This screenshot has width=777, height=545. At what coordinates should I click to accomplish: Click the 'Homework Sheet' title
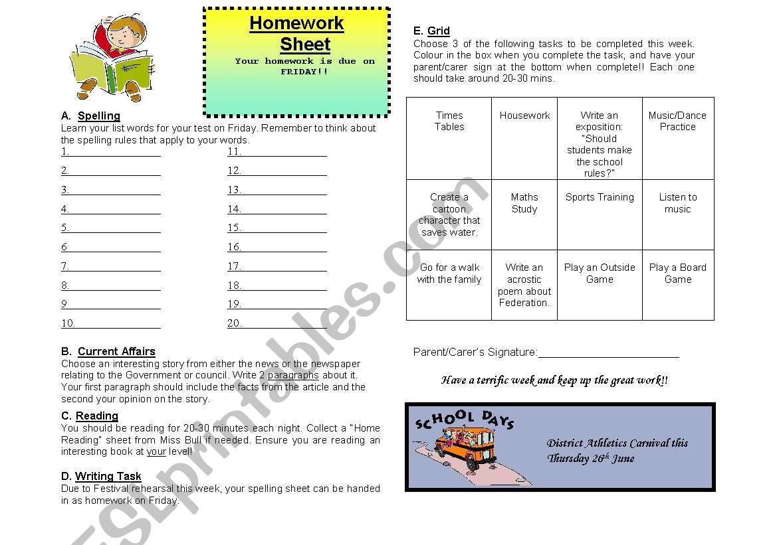(x=296, y=33)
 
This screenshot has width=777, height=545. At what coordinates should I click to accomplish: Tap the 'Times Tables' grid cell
(x=449, y=138)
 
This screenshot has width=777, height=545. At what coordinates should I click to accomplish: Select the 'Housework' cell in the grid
(x=524, y=138)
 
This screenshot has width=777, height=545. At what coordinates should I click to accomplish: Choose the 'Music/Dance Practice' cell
(x=677, y=138)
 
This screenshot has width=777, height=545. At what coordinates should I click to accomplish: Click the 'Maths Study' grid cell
(x=524, y=214)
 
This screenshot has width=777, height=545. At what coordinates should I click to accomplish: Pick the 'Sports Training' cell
(x=600, y=214)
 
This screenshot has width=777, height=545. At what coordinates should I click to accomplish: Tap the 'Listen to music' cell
(x=677, y=214)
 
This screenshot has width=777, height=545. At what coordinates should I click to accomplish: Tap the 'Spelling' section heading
(x=98, y=116)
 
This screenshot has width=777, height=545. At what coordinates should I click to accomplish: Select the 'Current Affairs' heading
(x=116, y=352)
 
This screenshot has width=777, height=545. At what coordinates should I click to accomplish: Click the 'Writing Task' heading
(x=108, y=476)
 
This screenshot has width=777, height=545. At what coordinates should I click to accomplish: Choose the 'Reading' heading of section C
(x=96, y=416)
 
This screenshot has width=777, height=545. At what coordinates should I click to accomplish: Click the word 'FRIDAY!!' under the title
(x=304, y=72)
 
